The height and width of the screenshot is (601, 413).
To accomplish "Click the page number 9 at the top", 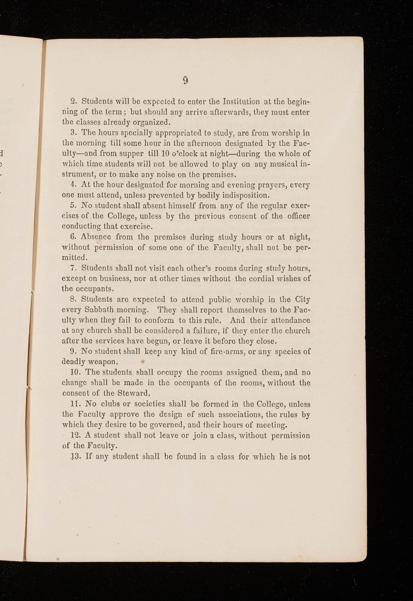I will pyautogui.click(x=185, y=81).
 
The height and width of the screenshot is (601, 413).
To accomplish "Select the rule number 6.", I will pyautogui.click(x=72, y=237).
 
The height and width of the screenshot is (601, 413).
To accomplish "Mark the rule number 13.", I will pyautogui.click(x=74, y=456).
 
